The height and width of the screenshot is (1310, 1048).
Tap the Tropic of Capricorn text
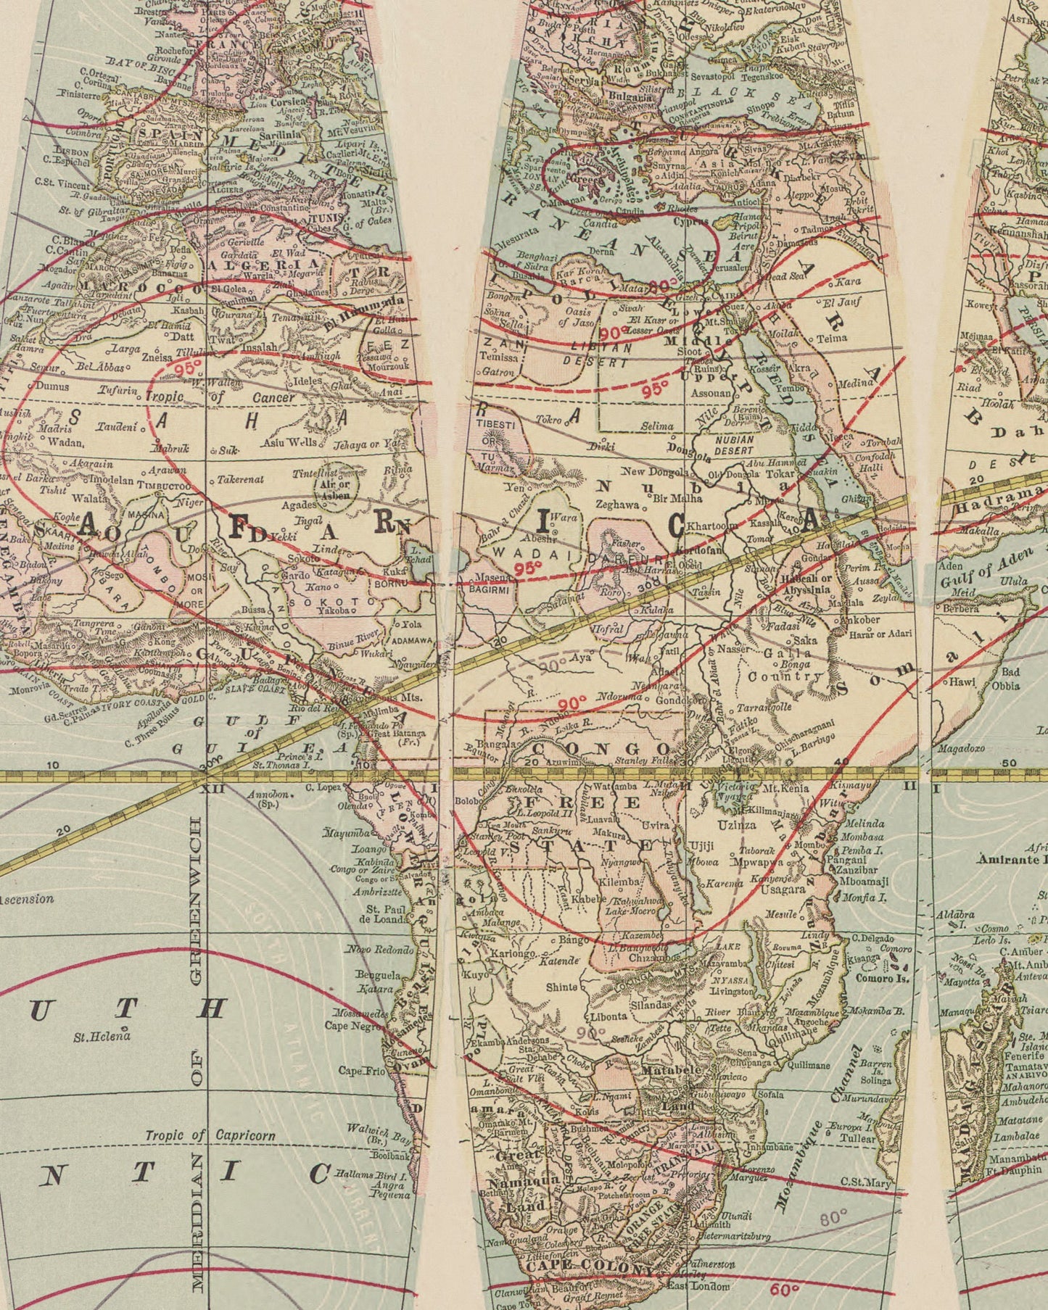pos(210,1135)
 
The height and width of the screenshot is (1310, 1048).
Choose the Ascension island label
pos(26,899)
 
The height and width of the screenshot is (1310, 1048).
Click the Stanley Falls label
pos(638,762)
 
